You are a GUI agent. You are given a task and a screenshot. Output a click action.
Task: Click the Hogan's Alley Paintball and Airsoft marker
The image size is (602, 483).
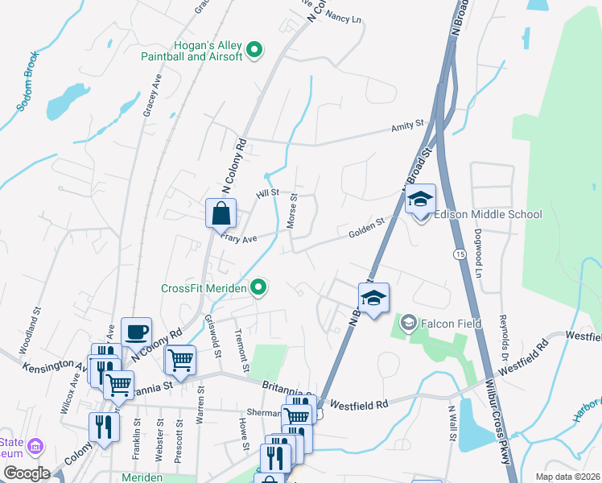[254, 51]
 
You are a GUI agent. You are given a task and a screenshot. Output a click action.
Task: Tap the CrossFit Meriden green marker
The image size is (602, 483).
[258, 287]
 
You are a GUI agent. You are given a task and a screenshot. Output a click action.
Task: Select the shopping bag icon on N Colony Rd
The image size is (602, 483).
[221, 214]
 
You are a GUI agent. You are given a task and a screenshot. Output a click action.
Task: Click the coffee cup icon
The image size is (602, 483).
[136, 331]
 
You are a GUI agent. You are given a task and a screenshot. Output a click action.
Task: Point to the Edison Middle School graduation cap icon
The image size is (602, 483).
[420, 200]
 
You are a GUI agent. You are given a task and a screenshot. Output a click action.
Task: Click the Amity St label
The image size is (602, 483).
[407, 126]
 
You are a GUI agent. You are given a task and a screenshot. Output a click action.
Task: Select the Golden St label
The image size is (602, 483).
[365, 232]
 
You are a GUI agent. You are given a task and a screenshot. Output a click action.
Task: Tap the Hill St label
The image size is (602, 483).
[267, 193]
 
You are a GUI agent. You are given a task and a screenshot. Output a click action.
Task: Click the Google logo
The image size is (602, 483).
[27, 473]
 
